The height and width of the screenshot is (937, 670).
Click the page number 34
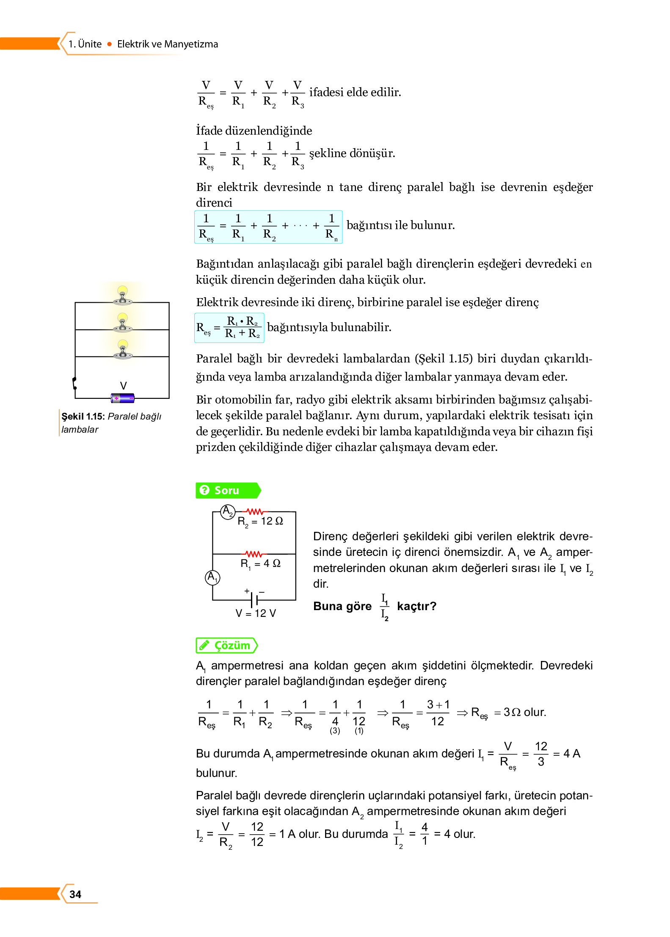tap(75, 894)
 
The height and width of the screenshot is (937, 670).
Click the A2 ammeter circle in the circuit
tap(228, 511)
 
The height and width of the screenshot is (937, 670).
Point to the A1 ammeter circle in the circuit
tap(212, 577)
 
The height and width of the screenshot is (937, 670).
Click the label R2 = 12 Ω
tap(260, 521)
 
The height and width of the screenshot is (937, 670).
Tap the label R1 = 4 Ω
tap(260, 564)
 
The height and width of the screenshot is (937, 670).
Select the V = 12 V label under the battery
tap(256, 613)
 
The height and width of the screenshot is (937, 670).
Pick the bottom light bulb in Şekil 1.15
tap(123, 349)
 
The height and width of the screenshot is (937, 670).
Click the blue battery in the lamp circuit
tap(123, 398)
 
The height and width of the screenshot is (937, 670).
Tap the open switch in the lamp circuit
tap(75, 383)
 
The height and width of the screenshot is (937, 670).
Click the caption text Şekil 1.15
tap(83, 416)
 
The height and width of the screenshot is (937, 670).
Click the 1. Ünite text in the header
tap(85, 44)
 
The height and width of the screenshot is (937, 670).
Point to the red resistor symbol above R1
tap(254, 554)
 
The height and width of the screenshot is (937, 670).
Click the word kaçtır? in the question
tap(416, 606)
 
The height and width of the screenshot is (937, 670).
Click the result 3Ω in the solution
tap(512, 712)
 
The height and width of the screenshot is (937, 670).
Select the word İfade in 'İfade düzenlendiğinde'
tap(209, 130)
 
